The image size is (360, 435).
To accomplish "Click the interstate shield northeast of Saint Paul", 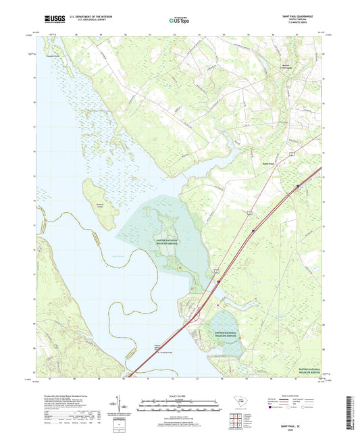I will pos(297,186).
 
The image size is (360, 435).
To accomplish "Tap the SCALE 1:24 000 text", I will pos(180,396).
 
